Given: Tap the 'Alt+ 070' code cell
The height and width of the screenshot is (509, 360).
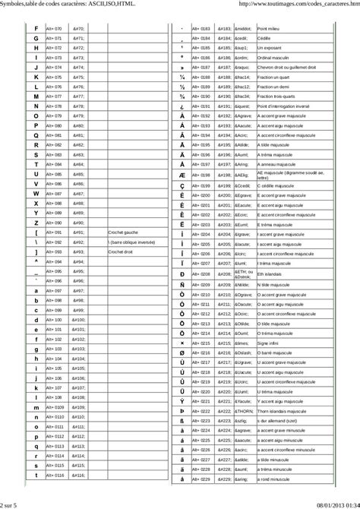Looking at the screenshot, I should coord(54,28).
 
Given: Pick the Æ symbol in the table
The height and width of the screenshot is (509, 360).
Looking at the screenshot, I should coord(182,175).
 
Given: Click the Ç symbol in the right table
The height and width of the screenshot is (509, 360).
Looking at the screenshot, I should coord(182,185).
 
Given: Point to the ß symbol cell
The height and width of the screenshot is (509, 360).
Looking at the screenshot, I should coord(182,421).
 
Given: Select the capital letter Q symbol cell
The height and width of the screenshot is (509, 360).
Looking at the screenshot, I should coord(36,134).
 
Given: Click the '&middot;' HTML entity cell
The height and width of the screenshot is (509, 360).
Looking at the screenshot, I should coord(225,27).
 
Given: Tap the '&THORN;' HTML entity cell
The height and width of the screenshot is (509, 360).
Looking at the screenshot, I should coord(225,411).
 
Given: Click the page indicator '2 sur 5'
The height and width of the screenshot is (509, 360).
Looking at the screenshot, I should coord(10,504).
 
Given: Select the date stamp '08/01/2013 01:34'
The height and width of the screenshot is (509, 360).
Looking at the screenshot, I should coord(333,504).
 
